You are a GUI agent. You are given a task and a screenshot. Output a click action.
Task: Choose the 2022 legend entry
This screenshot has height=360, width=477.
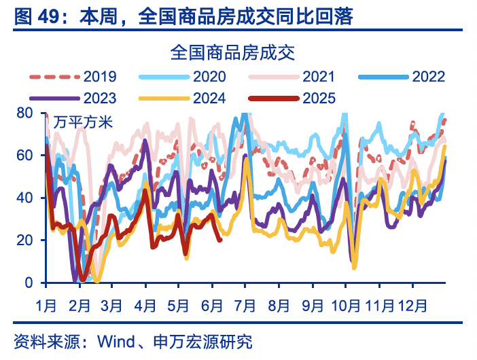428,76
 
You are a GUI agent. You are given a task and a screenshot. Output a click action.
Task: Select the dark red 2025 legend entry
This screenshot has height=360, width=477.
319,98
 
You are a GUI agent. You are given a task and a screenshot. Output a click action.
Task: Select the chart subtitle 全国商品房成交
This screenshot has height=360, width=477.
233,52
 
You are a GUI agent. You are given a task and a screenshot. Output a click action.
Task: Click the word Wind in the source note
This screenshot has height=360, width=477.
116,342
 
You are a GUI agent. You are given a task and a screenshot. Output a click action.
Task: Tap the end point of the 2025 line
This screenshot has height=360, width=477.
219,239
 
